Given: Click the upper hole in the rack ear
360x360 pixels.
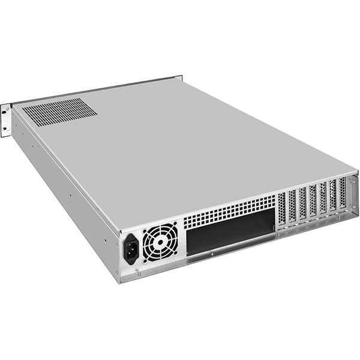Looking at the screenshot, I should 5,109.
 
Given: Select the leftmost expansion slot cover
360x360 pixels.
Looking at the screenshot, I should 282,211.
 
